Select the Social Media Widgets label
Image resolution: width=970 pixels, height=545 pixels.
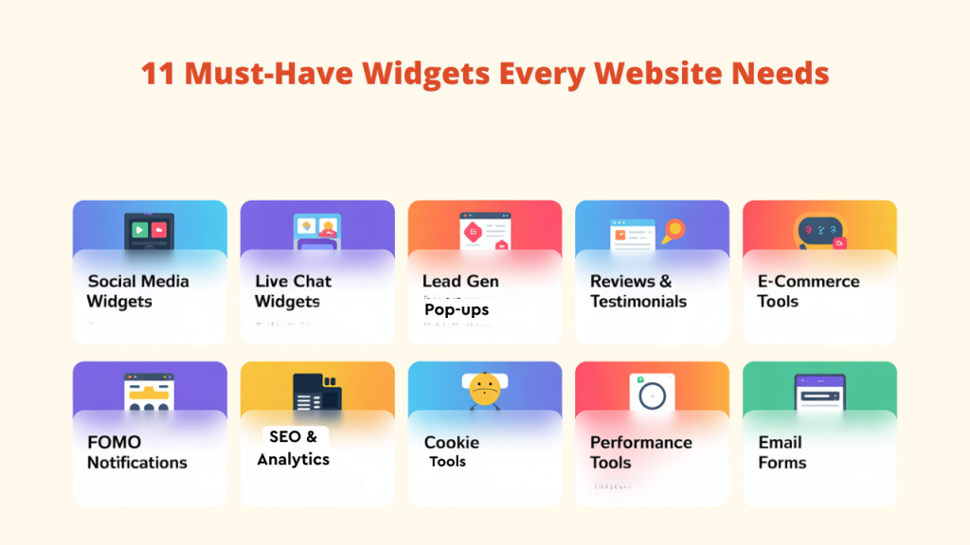click(x=137, y=291)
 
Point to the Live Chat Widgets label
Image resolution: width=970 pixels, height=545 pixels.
click(x=293, y=291)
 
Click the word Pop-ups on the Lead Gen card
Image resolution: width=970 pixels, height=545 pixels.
click(x=456, y=309)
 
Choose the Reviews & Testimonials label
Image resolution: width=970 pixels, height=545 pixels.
click(x=638, y=291)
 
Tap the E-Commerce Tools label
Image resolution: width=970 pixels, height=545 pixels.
click(x=808, y=291)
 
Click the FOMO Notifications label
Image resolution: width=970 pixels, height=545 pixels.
click(x=136, y=452)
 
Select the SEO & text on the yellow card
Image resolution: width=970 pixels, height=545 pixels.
click(x=294, y=436)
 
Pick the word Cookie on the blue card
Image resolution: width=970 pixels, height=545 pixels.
click(x=451, y=442)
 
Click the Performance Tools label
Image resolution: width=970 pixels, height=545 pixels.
click(x=639, y=452)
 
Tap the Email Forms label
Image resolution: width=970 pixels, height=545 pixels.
click(x=781, y=452)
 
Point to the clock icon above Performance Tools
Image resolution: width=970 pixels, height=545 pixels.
click(x=654, y=393)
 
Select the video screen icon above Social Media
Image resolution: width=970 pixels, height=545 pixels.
click(x=149, y=230)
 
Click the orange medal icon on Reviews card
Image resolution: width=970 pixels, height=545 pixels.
click(x=674, y=231)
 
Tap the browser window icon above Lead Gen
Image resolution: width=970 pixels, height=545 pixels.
click(x=484, y=231)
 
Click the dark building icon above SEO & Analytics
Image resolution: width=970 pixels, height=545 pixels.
click(x=316, y=391)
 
